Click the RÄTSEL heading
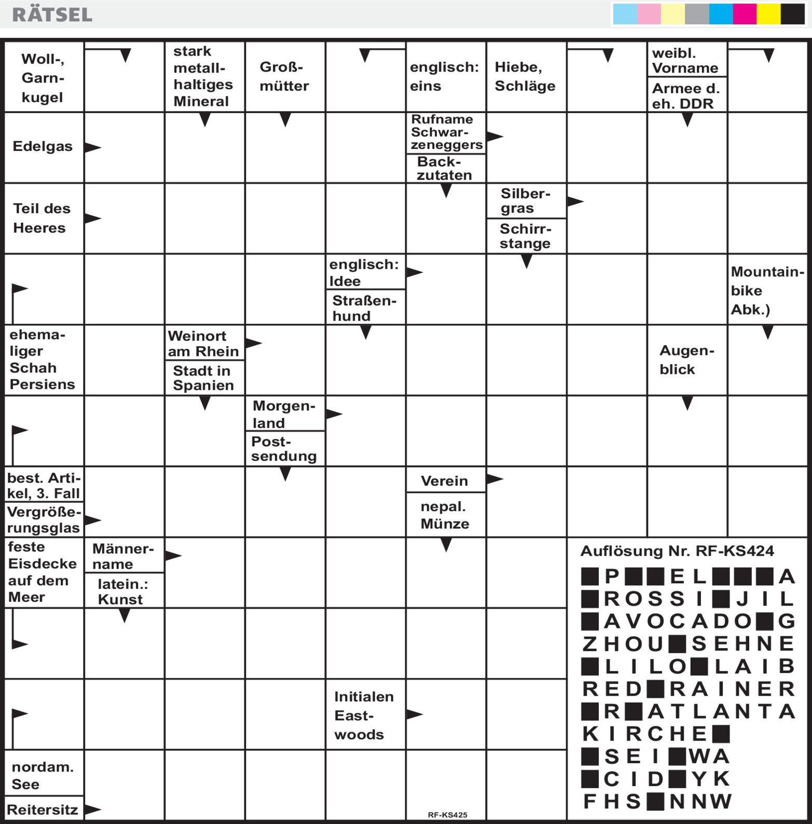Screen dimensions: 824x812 pos(52,15)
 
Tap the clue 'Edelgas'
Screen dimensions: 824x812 pos(43,146)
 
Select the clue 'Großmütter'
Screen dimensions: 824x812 pos(284,76)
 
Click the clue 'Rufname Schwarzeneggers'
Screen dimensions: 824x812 pos(446,132)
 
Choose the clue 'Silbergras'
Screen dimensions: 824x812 pos(525,201)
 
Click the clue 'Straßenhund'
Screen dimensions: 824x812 pos(364,308)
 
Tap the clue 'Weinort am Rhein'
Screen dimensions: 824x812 pos(203,344)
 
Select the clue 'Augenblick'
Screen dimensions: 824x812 pos(686,360)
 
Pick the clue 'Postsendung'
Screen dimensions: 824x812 pos(284,449)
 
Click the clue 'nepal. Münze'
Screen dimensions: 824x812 pos(445,515)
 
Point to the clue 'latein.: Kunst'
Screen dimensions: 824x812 pos(123,592)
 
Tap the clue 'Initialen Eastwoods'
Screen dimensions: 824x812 pos(364,715)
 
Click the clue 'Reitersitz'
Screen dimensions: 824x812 pos(43,809)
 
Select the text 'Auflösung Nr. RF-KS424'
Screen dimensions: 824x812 pos(677,551)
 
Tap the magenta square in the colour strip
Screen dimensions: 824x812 pos(744,15)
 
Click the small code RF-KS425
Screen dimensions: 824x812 pos(447,815)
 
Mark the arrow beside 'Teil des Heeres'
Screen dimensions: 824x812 pos(92,218)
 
